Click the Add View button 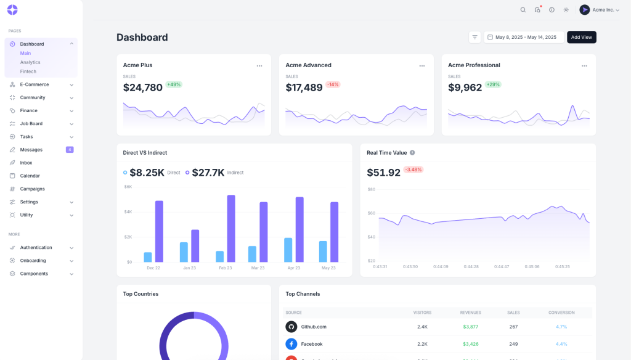(581, 37)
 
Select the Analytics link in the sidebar (30, 62)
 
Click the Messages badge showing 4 (70, 150)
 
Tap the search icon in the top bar (523, 10)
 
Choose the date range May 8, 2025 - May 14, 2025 (523, 37)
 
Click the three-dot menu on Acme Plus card (259, 65)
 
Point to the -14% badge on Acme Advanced (333, 84)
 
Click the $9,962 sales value (465, 88)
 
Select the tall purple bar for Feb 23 (231, 228)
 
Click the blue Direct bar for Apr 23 (288, 250)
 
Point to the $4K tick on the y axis (128, 211)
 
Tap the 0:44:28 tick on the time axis (471, 267)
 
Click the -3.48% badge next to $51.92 (413, 170)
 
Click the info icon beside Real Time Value (412, 153)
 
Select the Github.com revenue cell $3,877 (470, 327)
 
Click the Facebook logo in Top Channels (291, 344)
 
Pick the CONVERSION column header (561, 313)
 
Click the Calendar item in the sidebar (30, 176)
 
